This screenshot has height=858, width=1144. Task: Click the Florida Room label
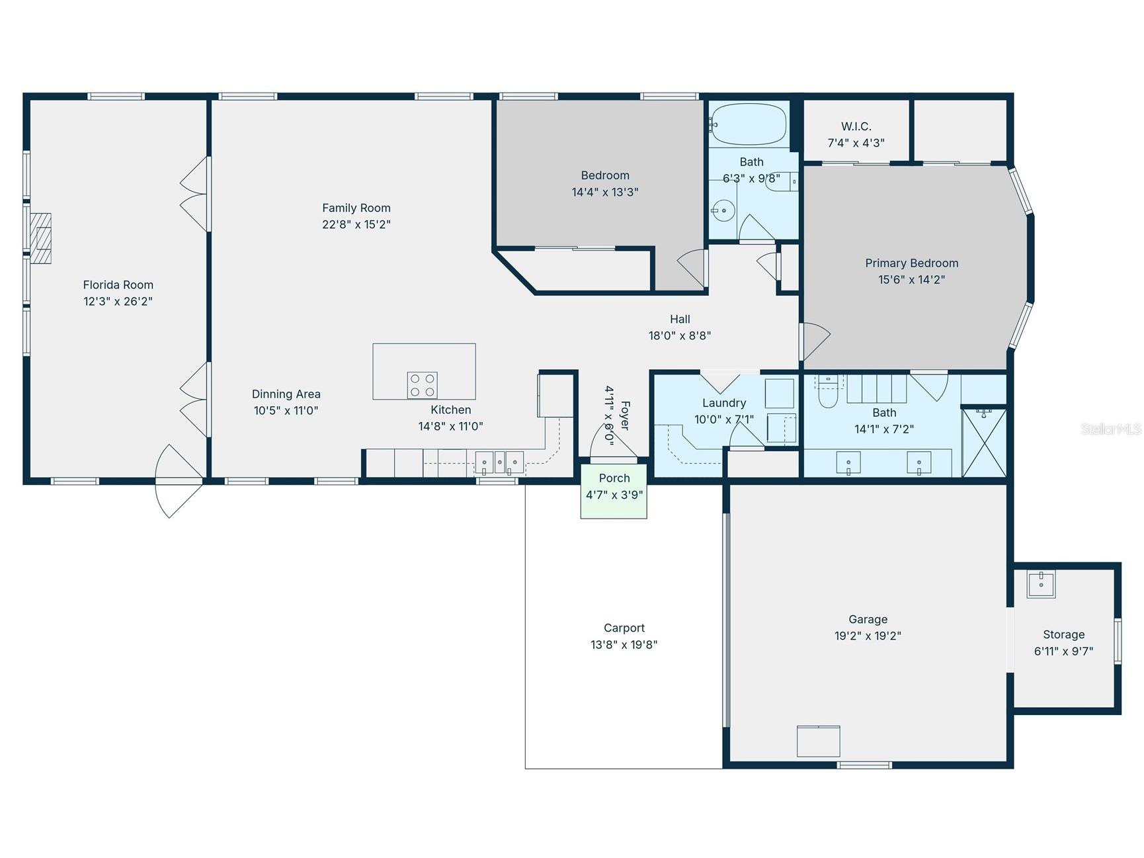pyautogui.click(x=118, y=285)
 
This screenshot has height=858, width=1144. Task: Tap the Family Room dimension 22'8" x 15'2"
pyautogui.click(x=356, y=225)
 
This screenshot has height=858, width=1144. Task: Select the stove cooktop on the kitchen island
pyautogui.click(x=422, y=385)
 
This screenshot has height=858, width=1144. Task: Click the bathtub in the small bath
pyautogui.click(x=749, y=124)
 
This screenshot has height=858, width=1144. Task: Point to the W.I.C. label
pyautogui.click(x=856, y=126)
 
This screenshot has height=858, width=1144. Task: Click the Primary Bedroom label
pyautogui.click(x=911, y=263)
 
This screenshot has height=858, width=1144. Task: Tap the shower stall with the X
pyautogui.click(x=983, y=443)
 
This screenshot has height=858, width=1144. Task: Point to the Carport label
pyautogui.click(x=624, y=628)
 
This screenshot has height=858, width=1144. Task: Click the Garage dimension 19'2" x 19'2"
pyautogui.click(x=868, y=636)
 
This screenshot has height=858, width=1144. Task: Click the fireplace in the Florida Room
pyautogui.click(x=41, y=238)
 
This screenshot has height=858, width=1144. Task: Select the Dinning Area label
pyautogui.click(x=286, y=394)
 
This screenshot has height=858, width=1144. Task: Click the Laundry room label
pyautogui.click(x=723, y=403)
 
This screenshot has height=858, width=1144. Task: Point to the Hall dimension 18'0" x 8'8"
pyautogui.click(x=679, y=336)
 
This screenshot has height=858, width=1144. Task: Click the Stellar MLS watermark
pyautogui.click(x=1110, y=429)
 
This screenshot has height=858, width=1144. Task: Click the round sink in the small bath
pyautogui.click(x=723, y=211)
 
